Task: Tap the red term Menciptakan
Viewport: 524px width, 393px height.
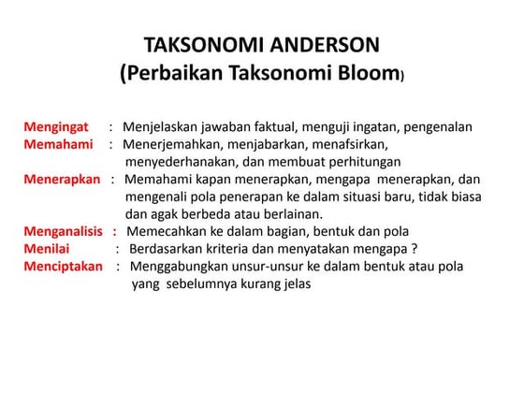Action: click(60, 267)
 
